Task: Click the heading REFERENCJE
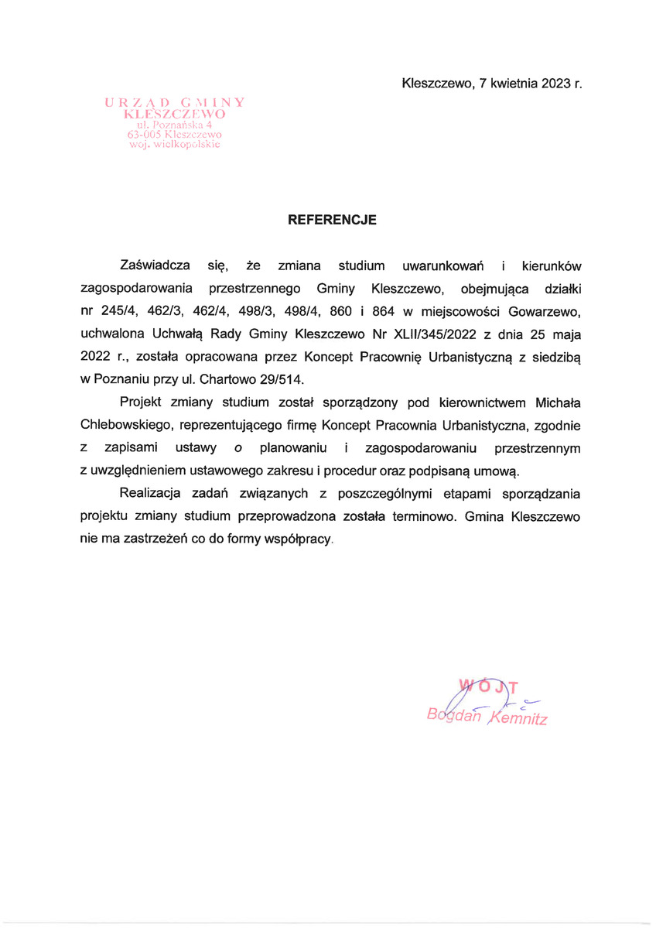click(x=332, y=220)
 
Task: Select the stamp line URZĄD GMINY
click(x=175, y=101)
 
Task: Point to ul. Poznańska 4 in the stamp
click(x=175, y=123)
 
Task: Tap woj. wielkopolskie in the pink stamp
click(x=175, y=144)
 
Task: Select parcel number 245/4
click(x=118, y=312)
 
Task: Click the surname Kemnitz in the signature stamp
click(x=519, y=718)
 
